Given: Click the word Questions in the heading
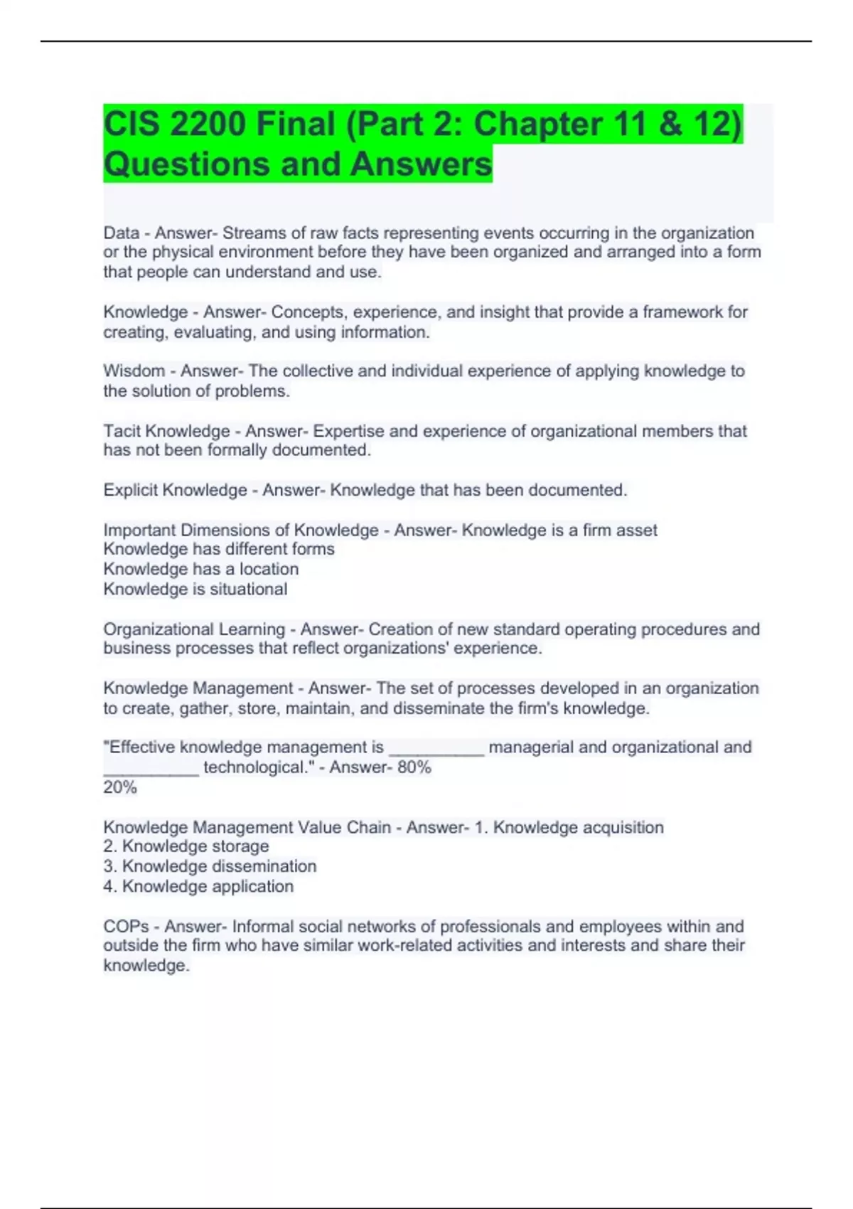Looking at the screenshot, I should [186, 164].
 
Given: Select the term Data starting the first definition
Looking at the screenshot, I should [121, 233].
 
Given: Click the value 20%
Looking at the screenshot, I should [119, 787].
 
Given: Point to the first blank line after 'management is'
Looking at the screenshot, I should [436, 750].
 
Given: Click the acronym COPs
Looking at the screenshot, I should [126, 927].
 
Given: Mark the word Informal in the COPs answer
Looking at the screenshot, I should [262, 927].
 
